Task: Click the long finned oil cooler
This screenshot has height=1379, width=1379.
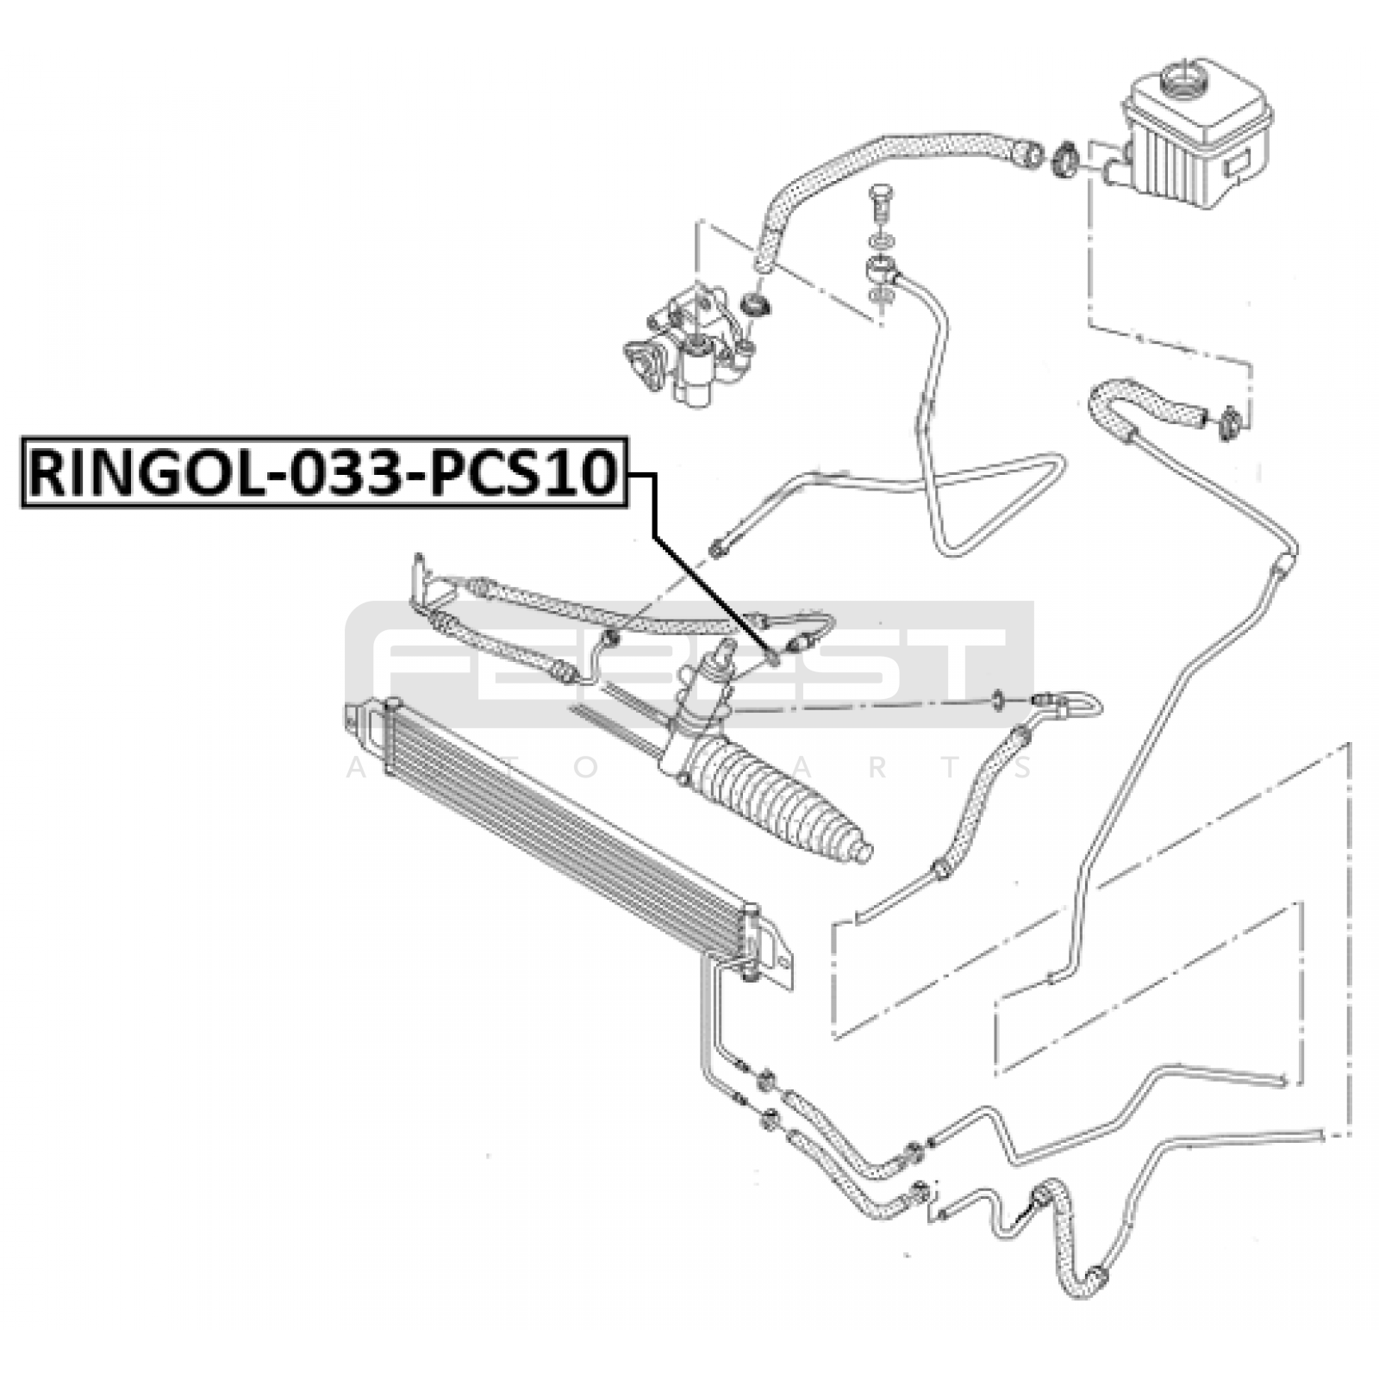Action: (x=560, y=827)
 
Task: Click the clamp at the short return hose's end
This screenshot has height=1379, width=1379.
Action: (x=1230, y=424)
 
